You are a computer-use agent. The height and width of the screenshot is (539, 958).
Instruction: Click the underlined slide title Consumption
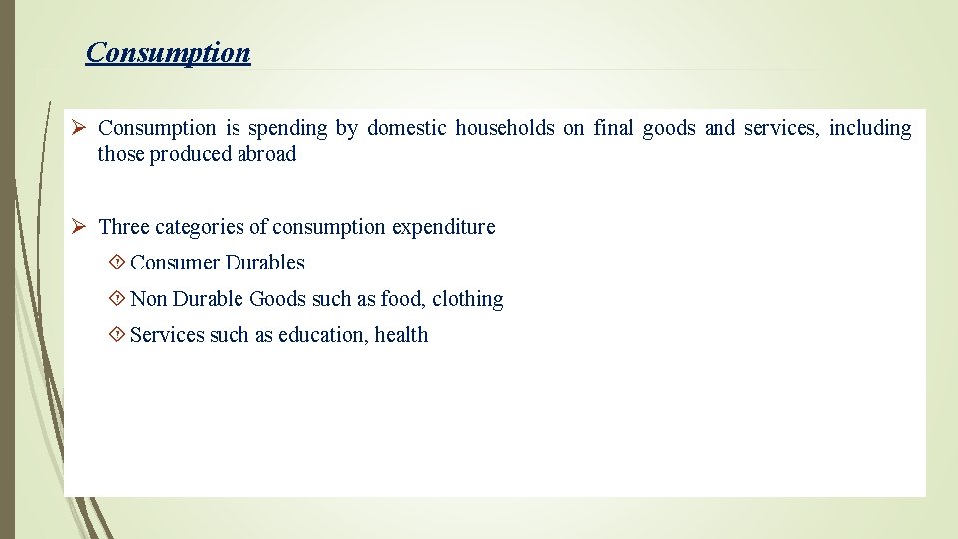(168, 52)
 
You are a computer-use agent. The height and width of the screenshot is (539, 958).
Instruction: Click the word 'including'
(869, 128)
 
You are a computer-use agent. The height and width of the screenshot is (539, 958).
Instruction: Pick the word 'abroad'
(266, 154)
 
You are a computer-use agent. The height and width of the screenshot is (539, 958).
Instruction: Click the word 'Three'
(125, 227)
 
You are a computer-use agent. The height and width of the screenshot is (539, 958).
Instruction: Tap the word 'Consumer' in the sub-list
(175, 263)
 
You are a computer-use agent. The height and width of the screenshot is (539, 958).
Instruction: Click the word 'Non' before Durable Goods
(149, 299)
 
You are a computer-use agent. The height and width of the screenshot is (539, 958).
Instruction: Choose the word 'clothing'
(467, 299)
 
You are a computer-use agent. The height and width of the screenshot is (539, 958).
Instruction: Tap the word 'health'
(401, 335)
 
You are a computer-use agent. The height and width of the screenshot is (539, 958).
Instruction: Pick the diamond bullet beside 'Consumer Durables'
(116, 263)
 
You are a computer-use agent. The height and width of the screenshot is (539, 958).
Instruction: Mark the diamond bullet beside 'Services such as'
(116, 335)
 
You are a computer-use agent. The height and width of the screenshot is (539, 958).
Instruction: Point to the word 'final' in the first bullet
(613, 128)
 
